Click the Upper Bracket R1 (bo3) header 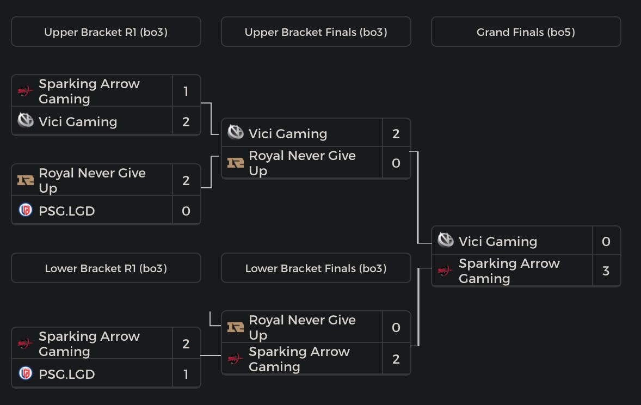point(106,32)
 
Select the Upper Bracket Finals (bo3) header point(316,32)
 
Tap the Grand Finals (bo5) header point(526,32)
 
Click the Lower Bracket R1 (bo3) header point(106,268)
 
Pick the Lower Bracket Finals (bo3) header point(316,268)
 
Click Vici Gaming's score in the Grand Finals point(606,241)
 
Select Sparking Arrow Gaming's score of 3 point(606,271)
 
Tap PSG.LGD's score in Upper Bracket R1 point(186,211)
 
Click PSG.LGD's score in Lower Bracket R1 point(186,374)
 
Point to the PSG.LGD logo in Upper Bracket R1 point(26,210)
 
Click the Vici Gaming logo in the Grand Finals point(446,241)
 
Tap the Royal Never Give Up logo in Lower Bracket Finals point(236,327)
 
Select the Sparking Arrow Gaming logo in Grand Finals point(446,271)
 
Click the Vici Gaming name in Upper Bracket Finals point(288,133)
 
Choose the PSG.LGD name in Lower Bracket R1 point(67,374)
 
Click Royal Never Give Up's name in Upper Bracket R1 point(92,180)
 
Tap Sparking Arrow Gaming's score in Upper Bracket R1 point(186,91)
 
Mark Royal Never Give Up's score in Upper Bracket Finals point(396,163)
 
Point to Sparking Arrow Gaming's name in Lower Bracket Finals point(299,359)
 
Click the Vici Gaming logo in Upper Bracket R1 point(26,121)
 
